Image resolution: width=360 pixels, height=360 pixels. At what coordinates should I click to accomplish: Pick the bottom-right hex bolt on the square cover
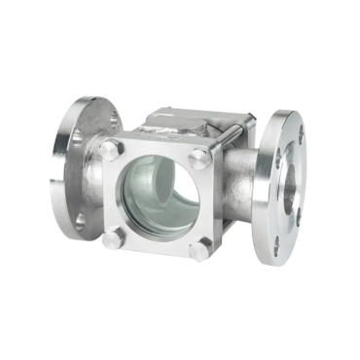[x=199, y=250]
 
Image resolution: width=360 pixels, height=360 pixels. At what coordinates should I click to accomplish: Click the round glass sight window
[x=158, y=195]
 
